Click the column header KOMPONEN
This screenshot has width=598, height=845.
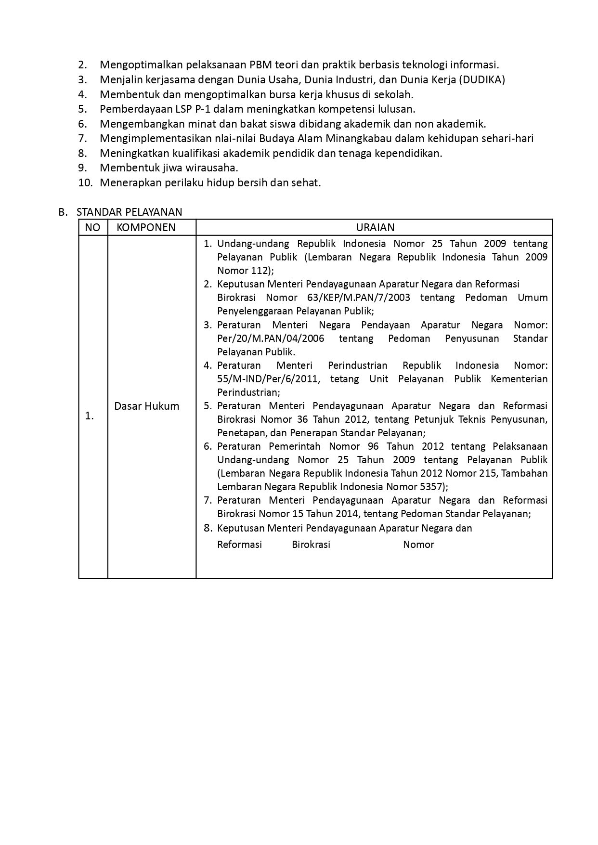click(x=146, y=227)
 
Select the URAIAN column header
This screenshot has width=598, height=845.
click(x=375, y=227)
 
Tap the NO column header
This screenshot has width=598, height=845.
click(x=92, y=227)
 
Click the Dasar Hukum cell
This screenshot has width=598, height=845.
click(x=146, y=406)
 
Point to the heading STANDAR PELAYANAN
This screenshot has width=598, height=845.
click(x=129, y=212)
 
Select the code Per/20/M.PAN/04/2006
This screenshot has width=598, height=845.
click(x=271, y=338)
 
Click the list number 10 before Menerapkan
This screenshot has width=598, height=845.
click(x=84, y=183)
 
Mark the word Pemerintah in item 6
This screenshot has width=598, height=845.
click(x=293, y=446)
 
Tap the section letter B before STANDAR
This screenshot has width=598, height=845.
click(x=62, y=212)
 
